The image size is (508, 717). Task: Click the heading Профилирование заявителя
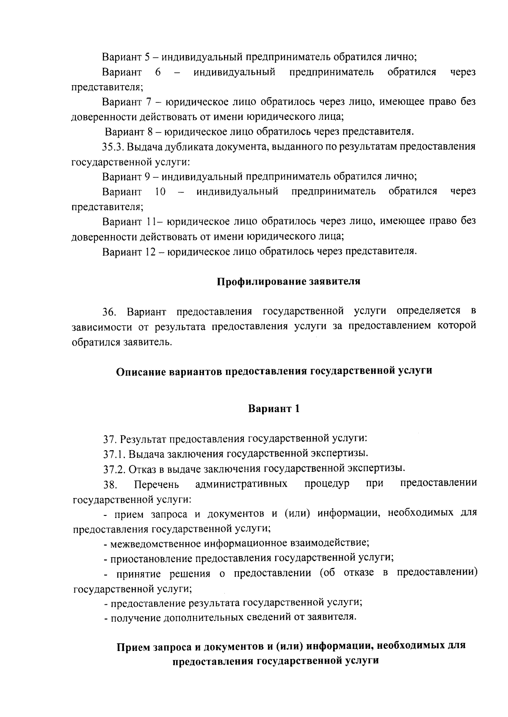point(288,282)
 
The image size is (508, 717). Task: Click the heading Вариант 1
point(274,409)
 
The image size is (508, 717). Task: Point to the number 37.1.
point(114,454)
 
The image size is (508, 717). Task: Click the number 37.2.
point(114,469)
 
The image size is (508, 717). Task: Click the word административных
point(241,484)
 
